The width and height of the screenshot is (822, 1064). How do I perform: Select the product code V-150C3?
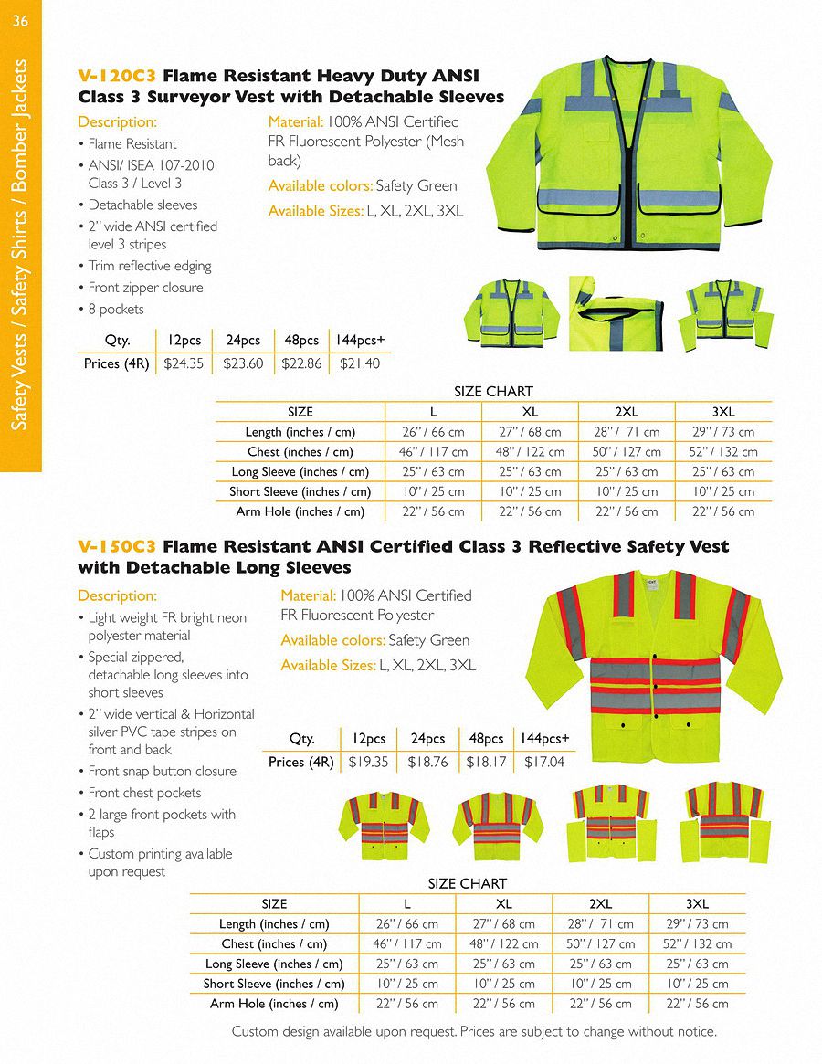(118, 547)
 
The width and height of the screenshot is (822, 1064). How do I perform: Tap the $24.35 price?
(183, 363)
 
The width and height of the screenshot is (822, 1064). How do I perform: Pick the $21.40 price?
(359, 363)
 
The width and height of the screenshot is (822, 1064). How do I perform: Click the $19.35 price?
(368, 762)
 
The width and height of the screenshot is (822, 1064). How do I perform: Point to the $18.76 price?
(427, 762)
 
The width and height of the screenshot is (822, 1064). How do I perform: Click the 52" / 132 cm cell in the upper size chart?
(723, 452)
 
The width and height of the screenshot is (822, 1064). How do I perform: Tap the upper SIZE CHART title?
(493, 392)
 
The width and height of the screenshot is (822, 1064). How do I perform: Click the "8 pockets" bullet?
(116, 309)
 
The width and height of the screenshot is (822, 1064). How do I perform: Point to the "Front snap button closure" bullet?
(162, 771)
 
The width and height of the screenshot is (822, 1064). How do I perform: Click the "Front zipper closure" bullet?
(145, 288)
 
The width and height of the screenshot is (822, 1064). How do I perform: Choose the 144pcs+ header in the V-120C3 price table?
(359, 341)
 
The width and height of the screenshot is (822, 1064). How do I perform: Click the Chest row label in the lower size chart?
(274, 944)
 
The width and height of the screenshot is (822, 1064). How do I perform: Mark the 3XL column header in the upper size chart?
(723, 412)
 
